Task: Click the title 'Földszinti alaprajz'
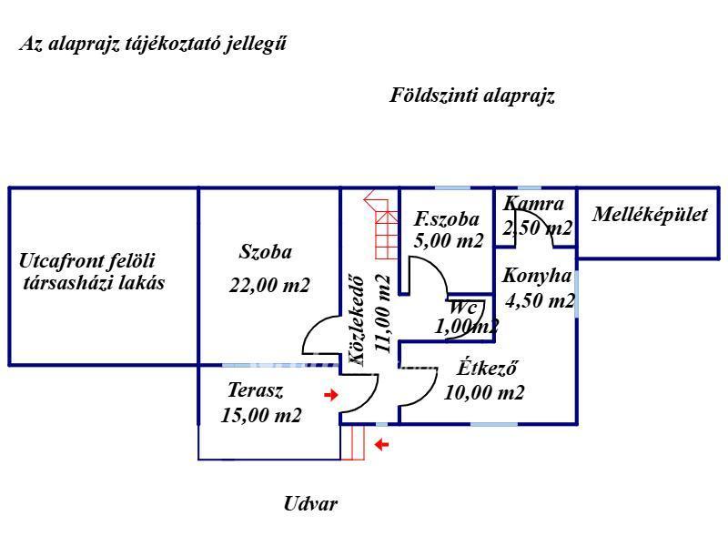tap(472, 96)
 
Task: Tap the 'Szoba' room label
tap(266, 253)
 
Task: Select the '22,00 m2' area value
tap(269, 286)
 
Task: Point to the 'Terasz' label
tap(255, 391)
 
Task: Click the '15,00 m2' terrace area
tap(261, 416)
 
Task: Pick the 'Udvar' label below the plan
tap(309, 503)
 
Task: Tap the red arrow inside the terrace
tap(331, 395)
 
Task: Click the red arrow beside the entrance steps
tap(382, 445)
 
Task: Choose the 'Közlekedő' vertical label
tap(358, 320)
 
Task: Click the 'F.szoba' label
tap(446, 219)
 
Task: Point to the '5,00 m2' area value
tap(449, 241)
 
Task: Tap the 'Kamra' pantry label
tap(533, 205)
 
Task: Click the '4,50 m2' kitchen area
tap(540, 300)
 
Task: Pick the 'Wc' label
tap(463, 308)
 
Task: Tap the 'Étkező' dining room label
tap(487, 369)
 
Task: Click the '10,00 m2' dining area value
tap(484, 393)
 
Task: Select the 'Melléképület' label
tap(650, 216)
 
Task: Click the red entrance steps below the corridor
tap(353, 443)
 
